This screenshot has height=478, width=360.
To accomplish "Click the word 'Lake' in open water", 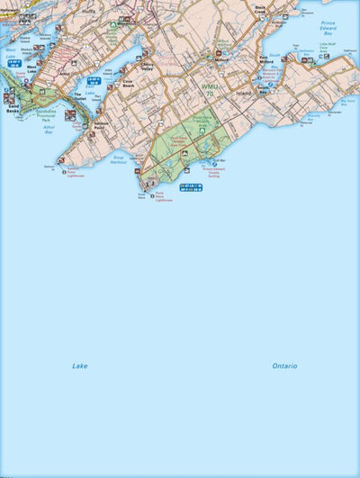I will pyautogui.click(x=80, y=365).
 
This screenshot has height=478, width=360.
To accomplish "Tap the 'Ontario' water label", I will pyautogui.click(x=284, y=365).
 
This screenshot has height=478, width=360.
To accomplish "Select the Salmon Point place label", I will pyautogui.click(x=103, y=128).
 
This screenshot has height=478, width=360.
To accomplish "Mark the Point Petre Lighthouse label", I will pyautogui.click(x=162, y=195).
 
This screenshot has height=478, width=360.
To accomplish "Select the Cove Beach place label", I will pyautogui.click(x=129, y=81).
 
